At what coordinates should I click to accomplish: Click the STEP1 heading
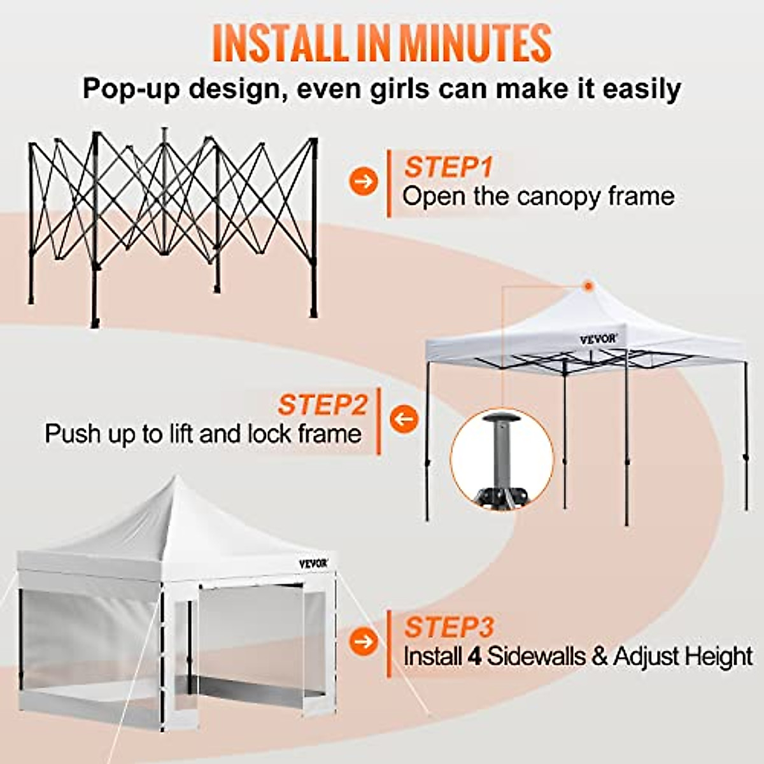(449, 167)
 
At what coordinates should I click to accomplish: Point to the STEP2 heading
(322, 404)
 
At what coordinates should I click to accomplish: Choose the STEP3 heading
(449, 627)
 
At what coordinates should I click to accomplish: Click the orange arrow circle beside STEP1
(364, 181)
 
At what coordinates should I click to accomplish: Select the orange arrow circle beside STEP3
(364, 641)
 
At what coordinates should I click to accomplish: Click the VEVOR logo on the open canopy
(598, 339)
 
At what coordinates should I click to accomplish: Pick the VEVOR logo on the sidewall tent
(314, 563)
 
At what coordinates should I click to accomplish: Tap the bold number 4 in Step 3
(474, 656)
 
